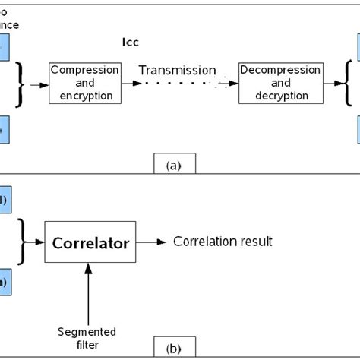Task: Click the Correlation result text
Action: click(223, 242)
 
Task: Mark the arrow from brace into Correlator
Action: click(36, 244)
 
